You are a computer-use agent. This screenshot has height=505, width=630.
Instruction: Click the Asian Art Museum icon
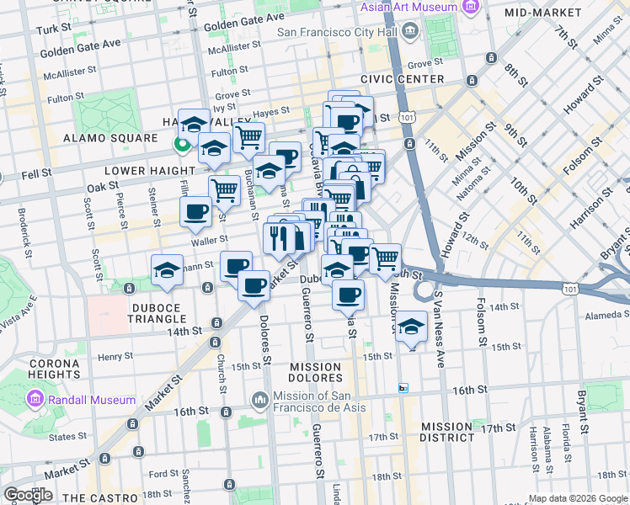pos(470,8)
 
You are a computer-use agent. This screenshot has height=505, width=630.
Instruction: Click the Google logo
pos(28,495)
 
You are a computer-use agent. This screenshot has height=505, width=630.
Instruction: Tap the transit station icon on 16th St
pos(403,388)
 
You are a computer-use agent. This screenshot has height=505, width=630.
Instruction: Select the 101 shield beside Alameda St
pos(570,289)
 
